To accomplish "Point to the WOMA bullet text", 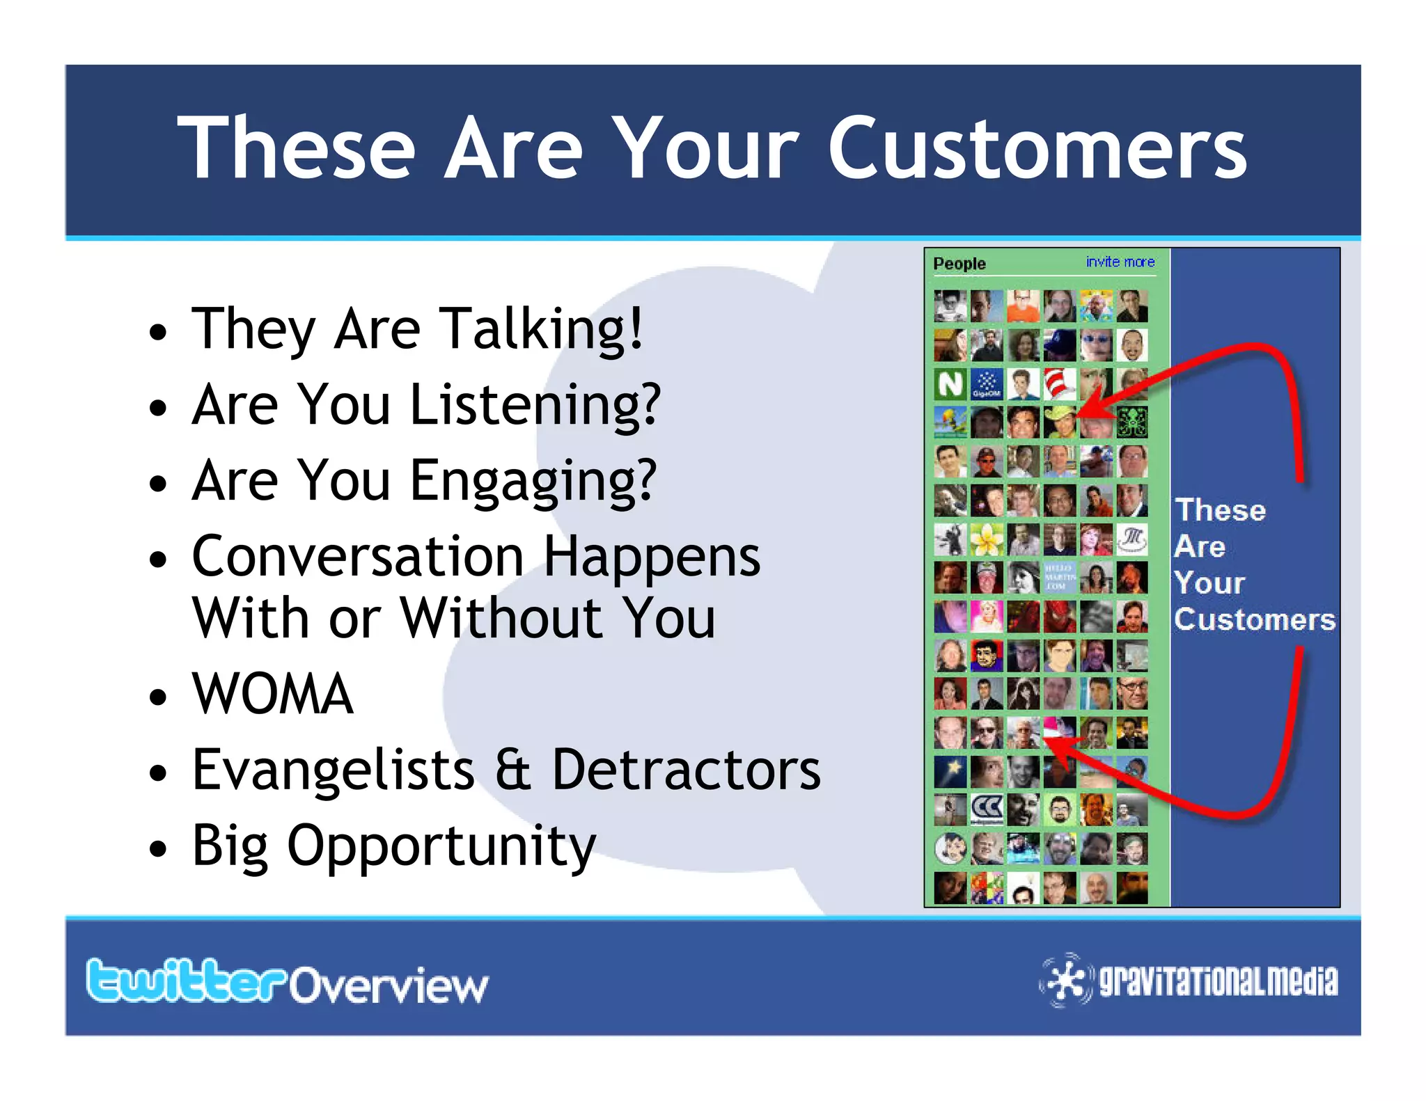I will [272, 694].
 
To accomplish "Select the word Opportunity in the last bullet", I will [441, 846].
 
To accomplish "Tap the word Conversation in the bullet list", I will [357, 557].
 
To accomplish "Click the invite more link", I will [1120, 262].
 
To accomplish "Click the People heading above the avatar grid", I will [959, 264].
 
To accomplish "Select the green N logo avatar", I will [950, 383].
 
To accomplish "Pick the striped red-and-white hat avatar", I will [1059, 383].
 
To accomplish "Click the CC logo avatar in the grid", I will [987, 809].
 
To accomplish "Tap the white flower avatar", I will [987, 539].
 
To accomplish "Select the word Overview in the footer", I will [389, 985].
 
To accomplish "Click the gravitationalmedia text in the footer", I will [1218, 981].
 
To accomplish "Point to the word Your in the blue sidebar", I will [1209, 583].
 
